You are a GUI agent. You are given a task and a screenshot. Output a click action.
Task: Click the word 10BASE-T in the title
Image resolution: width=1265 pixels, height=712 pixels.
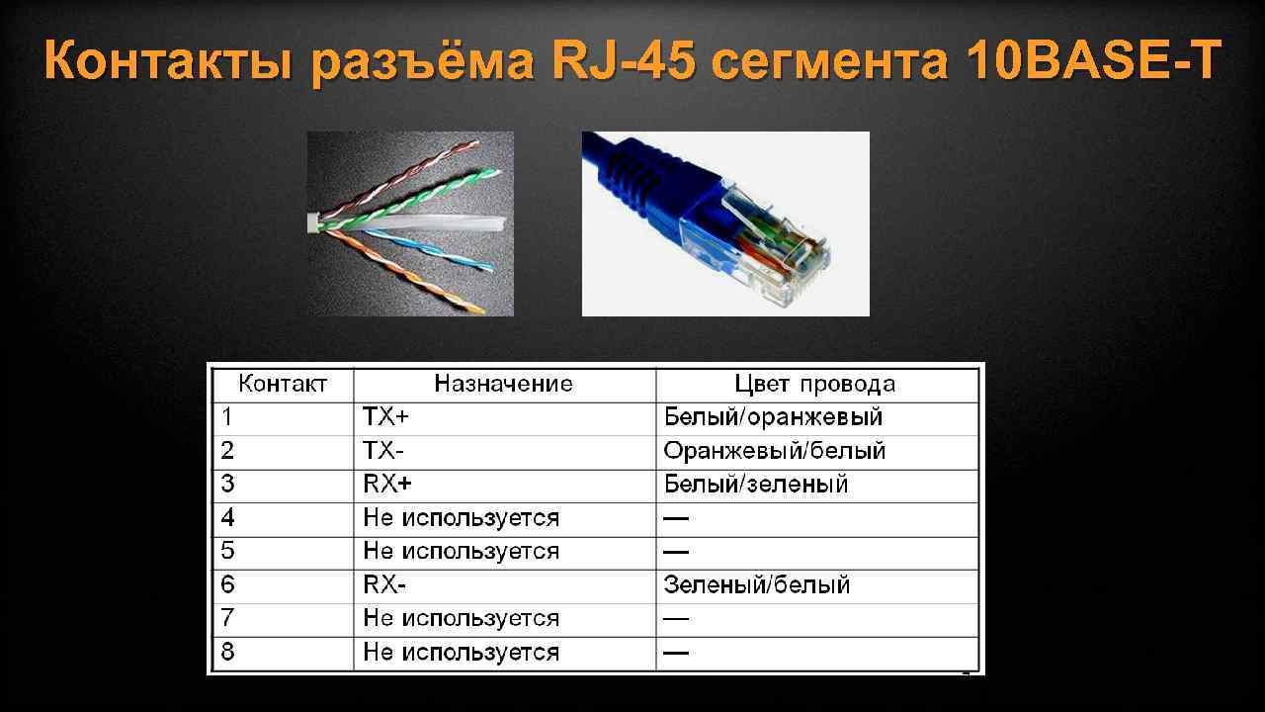[x=1094, y=62]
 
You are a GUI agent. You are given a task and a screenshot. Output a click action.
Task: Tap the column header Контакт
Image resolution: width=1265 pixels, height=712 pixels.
[x=282, y=384]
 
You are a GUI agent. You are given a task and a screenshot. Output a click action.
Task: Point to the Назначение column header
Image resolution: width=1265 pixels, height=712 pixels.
[x=504, y=384]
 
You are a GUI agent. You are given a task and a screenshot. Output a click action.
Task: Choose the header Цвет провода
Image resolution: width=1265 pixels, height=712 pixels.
[x=815, y=384]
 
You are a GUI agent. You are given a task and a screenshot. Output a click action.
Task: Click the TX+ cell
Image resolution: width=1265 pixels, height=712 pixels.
[x=386, y=417]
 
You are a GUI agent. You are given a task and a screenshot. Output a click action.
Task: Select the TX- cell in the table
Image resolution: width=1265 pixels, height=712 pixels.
[x=384, y=451]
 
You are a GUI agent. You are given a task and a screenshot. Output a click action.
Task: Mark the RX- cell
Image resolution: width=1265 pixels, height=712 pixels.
[x=384, y=584]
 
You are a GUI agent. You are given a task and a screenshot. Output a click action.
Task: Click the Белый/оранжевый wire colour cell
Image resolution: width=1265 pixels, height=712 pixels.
[x=773, y=417]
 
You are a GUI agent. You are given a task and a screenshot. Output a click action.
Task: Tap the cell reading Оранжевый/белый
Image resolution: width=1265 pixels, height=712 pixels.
[x=775, y=451]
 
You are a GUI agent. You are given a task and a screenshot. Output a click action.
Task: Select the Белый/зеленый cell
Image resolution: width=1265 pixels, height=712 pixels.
[x=756, y=485]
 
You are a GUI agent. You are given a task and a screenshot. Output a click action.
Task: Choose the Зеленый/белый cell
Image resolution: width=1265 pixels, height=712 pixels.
[x=757, y=584]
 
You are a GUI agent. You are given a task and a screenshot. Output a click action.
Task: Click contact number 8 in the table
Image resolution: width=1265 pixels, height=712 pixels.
[x=228, y=652]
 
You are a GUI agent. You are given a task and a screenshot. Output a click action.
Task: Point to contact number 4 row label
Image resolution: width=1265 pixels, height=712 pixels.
[x=228, y=517]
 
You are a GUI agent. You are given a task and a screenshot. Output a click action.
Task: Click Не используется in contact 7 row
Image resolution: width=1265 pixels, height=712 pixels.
[x=461, y=618]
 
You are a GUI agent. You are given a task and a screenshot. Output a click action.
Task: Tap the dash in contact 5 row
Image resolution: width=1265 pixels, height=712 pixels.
[x=676, y=551]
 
